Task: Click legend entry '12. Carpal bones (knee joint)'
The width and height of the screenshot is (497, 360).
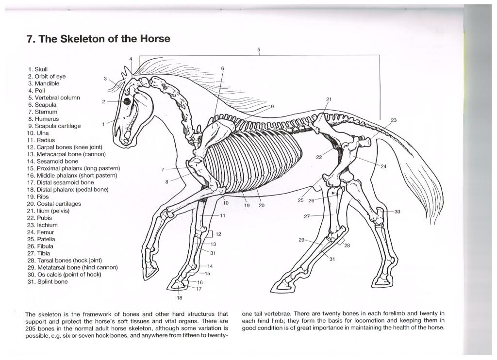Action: pos(71,147)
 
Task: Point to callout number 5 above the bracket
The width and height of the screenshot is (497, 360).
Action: pos(259,49)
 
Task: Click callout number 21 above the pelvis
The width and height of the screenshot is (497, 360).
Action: pos(329,99)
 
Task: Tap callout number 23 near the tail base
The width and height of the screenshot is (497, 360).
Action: pos(393,120)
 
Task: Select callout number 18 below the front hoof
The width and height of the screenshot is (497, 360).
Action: pos(179,297)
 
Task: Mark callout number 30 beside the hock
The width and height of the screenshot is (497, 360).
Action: pos(398,212)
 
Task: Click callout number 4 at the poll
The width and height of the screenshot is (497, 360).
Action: pos(131,59)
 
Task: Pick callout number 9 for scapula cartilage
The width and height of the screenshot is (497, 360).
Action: pos(272,106)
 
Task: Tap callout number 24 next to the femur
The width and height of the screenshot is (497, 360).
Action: pos(383,166)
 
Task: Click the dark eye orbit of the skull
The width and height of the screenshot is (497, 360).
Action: pos(127,101)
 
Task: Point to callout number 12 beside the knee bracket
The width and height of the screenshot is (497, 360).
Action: pos(218,234)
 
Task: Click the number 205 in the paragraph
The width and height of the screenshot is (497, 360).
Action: pos(32,329)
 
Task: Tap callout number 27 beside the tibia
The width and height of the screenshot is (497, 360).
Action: pos(307,216)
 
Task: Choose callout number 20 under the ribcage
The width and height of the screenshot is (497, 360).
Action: pos(262,205)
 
